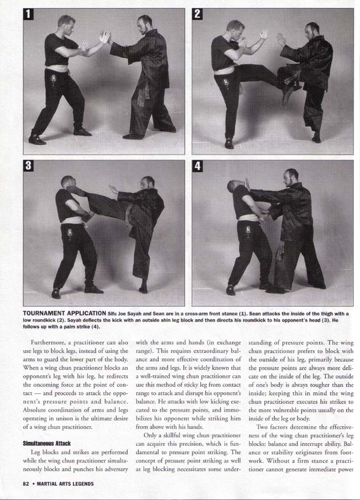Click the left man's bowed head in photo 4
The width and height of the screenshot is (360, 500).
[234, 187]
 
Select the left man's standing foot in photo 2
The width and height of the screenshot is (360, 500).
[229, 145]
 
